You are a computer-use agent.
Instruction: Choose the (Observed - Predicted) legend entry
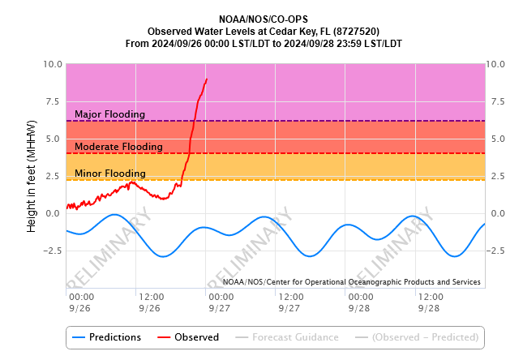point(418,337)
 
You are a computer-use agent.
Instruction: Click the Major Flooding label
point(109,114)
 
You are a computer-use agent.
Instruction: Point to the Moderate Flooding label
point(118,147)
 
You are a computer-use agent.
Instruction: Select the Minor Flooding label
point(109,174)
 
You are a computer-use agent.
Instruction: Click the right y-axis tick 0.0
point(496,213)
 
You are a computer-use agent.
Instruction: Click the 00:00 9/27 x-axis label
point(221,302)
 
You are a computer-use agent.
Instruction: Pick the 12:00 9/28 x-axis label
point(431,302)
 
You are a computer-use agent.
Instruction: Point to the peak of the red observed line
point(207,79)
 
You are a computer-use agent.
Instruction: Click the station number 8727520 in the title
point(358,31)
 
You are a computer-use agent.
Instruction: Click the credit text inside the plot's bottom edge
point(352,282)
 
